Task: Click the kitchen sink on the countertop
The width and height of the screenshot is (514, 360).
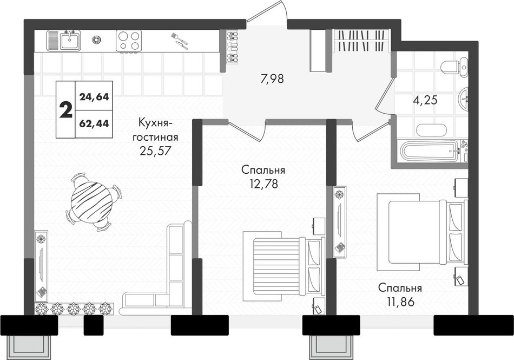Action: click(64, 40)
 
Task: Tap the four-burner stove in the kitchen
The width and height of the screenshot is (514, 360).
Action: click(129, 41)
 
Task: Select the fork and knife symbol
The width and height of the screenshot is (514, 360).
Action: click(179, 40)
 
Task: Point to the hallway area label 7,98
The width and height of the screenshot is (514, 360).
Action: click(272, 78)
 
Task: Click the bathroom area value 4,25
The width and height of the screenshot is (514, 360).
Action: click(425, 100)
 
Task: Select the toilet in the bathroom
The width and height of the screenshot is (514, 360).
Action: click(454, 67)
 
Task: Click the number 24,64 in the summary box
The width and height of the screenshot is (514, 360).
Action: click(94, 97)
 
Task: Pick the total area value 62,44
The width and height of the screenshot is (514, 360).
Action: click(94, 123)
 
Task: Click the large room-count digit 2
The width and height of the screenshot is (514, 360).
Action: click(66, 110)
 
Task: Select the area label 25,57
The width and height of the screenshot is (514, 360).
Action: click(155, 150)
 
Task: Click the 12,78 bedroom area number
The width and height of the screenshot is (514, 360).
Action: click(263, 184)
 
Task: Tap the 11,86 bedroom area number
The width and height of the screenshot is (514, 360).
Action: click(400, 302)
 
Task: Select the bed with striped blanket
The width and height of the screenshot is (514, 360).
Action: click(284, 266)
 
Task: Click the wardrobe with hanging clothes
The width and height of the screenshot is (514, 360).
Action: click(360, 41)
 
